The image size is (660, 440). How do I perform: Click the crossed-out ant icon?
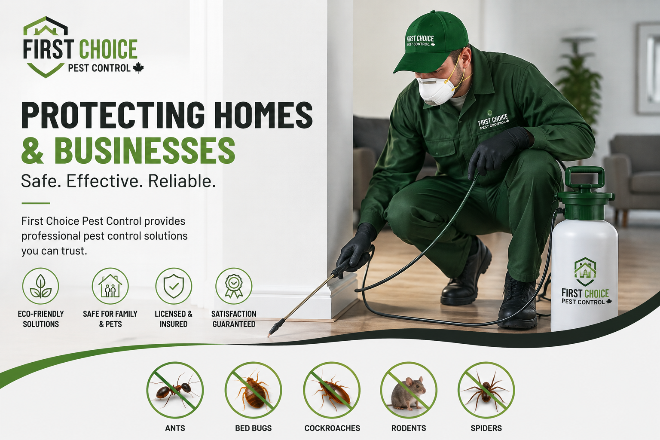[175, 390]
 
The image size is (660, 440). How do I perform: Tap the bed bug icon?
[253, 390]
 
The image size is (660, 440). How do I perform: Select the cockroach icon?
[332, 390]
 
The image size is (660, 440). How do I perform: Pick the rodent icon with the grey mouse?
[409, 390]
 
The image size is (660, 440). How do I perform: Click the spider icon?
[486, 390]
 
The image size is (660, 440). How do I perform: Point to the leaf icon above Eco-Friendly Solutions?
[41, 286]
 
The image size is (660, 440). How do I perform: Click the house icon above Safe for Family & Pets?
[110, 286]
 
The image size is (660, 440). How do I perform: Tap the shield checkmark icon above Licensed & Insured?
[174, 286]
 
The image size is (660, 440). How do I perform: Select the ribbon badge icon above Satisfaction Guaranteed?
[234, 286]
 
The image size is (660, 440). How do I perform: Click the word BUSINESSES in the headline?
[145, 150]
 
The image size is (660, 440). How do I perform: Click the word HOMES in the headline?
[263, 115]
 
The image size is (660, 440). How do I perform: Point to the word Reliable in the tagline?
[182, 181]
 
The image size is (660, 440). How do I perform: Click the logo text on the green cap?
[421, 41]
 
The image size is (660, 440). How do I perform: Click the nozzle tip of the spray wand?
[269, 336]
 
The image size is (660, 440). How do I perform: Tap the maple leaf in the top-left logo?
[138, 68]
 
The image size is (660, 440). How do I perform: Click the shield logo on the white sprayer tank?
[585, 272]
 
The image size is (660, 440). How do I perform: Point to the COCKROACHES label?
[332, 428]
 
